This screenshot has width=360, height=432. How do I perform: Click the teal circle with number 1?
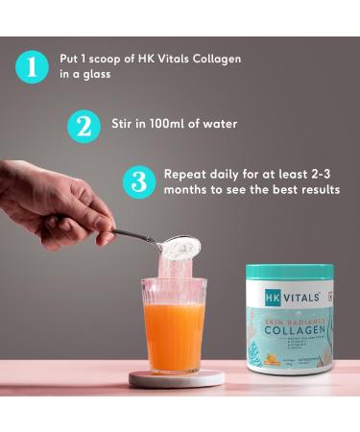33,67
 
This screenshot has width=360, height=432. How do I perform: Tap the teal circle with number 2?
84,126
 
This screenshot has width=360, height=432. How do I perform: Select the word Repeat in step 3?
186,174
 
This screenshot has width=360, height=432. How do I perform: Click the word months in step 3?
187,190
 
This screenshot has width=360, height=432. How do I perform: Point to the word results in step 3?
317,190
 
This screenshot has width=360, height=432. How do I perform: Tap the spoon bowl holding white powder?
180,248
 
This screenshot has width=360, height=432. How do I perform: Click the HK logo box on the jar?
273,298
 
